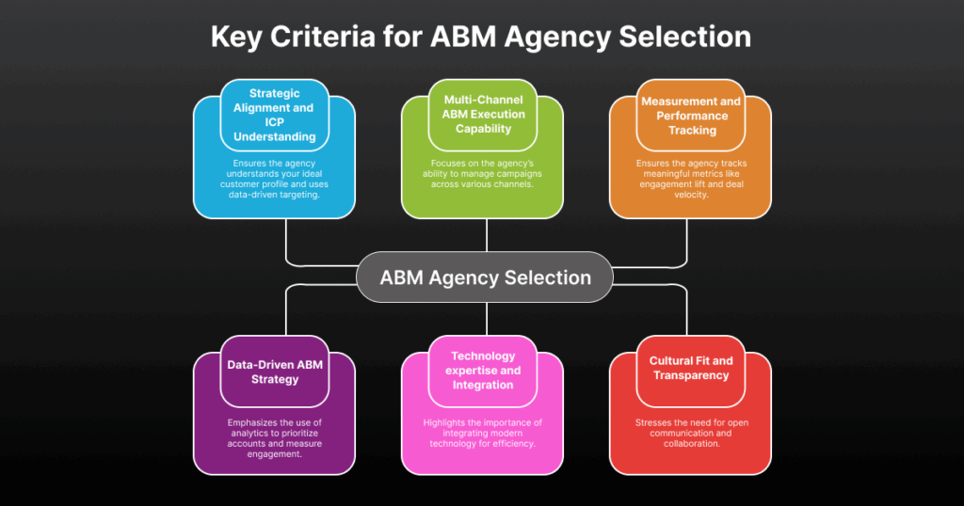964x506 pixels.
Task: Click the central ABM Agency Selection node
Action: click(x=485, y=277)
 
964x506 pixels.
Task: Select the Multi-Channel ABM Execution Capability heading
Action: click(x=483, y=115)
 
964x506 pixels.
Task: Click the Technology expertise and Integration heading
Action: click(x=483, y=371)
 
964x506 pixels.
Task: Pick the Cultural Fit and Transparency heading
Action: click(x=690, y=368)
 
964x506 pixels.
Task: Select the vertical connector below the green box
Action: click(x=487, y=234)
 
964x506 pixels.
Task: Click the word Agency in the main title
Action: click(x=558, y=38)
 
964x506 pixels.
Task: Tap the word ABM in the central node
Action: click(x=402, y=277)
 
